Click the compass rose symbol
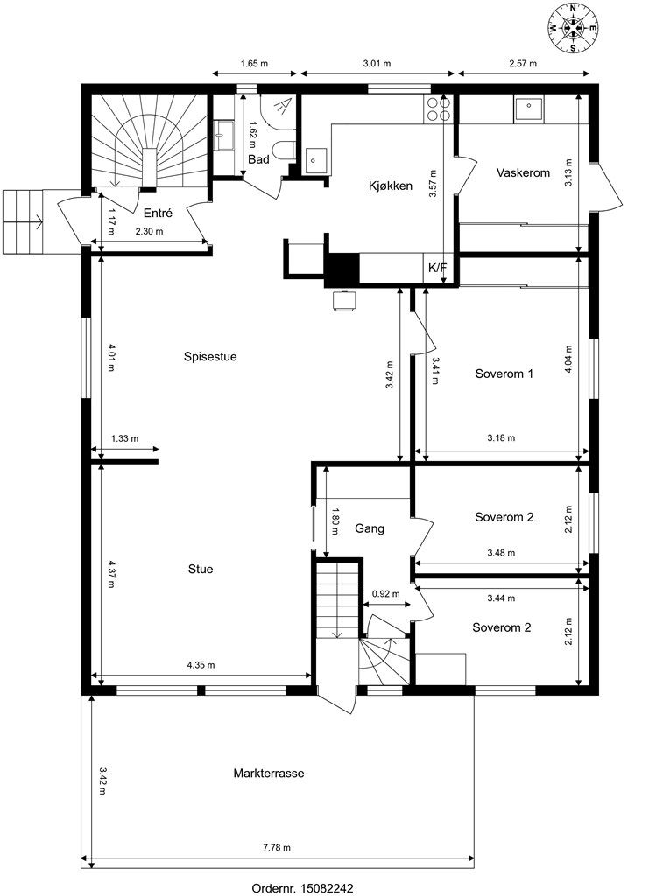pos(573,27)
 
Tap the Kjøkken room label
pos(390,185)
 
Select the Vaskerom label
pos(523,172)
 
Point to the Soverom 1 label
pos(504,374)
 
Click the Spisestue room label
pos(210,357)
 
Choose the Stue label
pos(201,569)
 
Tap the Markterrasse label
pos(268,773)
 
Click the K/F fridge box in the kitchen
pos(438,268)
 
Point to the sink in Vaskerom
pos(529,108)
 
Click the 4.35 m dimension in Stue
pos(201,665)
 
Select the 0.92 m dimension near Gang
pos(385,594)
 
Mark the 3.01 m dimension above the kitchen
pos(377,63)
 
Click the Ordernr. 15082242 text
pos(302,888)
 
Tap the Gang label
pos(370,528)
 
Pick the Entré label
pos(158,213)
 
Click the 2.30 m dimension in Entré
pos(149,231)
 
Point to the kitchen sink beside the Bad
pos(315,161)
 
